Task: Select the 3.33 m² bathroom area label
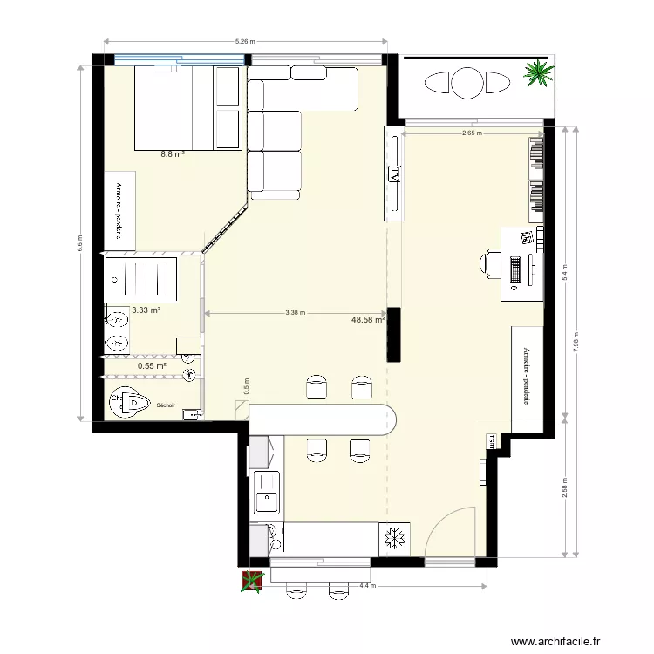[x=146, y=310]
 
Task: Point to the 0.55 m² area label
[x=152, y=366]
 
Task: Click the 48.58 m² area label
[x=368, y=320]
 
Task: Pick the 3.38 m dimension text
[x=295, y=313]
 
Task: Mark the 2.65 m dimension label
[x=473, y=133]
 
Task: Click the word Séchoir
[x=166, y=405]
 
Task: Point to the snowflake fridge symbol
[x=395, y=539]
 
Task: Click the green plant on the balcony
[x=538, y=73]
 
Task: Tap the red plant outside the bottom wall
[x=252, y=582]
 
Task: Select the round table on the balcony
[x=467, y=83]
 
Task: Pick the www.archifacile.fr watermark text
[x=556, y=641]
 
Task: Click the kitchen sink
[x=264, y=501]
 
